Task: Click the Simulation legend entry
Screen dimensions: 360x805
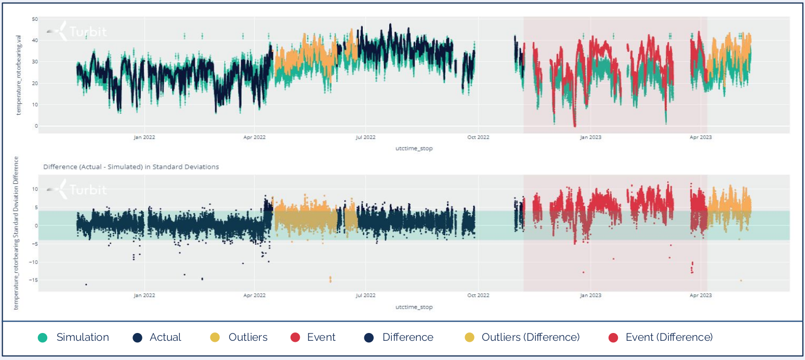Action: pyautogui.click(x=82, y=337)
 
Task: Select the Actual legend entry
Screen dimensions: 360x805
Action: pyautogui.click(x=165, y=337)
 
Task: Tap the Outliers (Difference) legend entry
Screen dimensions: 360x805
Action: pyautogui.click(x=530, y=337)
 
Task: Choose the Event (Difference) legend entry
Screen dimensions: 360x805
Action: pyautogui.click(x=669, y=337)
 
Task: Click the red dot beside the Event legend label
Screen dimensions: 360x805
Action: pyautogui.click(x=295, y=337)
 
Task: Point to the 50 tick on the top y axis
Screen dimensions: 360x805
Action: pyautogui.click(x=35, y=19)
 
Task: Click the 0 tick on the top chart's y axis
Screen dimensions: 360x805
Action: pyautogui.click(x=36, y=126)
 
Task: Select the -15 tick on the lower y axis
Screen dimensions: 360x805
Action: pyautogui.click(x=33, y=280)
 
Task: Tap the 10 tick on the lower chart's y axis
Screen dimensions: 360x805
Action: pyautogui.click(x=34, y=189)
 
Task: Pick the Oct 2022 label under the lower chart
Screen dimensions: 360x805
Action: pyautogui.click(x=478, y=296)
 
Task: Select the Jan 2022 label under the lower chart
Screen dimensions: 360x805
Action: pyautogui.click(x=144, y=296)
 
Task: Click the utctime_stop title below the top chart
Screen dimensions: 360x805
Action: pyautogui.click(x=414, y=148)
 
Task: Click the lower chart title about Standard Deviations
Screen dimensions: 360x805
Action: pyautogui.click(x=131, y=167)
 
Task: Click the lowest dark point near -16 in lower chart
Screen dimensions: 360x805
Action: pyautogui.click(x=86, y=284)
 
